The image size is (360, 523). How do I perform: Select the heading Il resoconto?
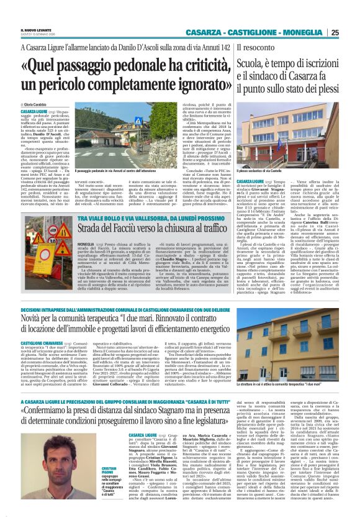tap(255, 47)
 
